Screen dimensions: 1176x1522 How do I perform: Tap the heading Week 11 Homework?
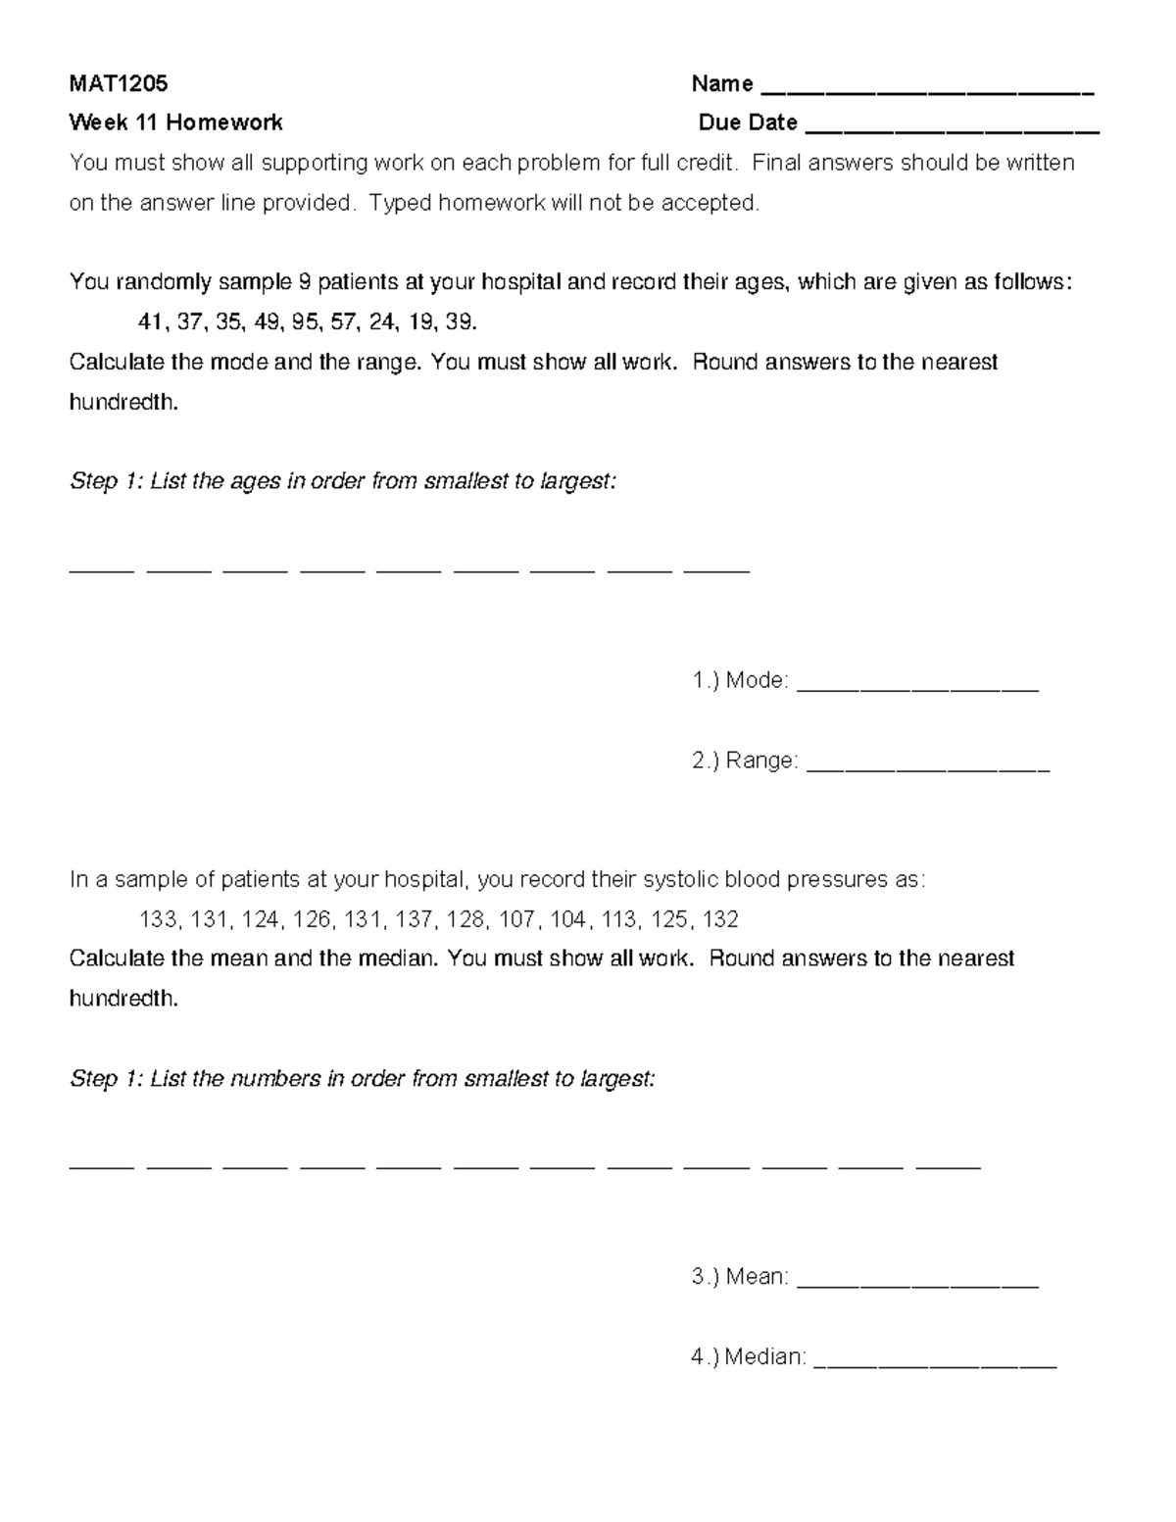tap(175, 123)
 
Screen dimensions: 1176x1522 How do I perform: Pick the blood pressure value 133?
tap(159, 919)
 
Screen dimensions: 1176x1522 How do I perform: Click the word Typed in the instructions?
tap(399, 203)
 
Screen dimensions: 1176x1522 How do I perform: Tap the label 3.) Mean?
tap(740, 1277)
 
